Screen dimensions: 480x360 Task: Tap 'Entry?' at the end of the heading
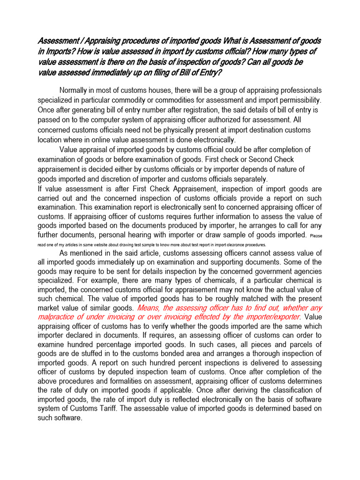pos(210,72)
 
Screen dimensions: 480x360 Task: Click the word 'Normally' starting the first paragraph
pos(75,90)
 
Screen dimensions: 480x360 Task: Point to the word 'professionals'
pos(298,90)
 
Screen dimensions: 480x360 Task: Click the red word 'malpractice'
pos(57,317)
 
